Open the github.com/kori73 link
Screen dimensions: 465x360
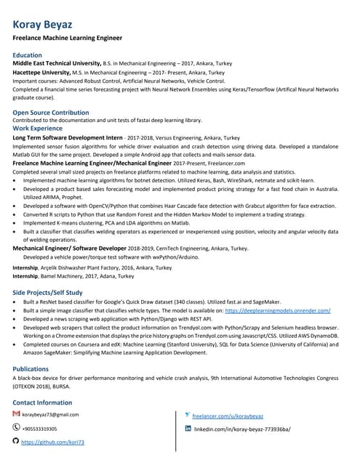tap(53, 442)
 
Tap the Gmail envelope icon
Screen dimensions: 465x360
tap(17, 413)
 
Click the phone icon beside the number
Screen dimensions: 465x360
tap(17, 427)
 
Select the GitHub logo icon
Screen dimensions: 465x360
tap(17, 441)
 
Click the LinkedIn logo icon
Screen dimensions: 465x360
tap(188, 429)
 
